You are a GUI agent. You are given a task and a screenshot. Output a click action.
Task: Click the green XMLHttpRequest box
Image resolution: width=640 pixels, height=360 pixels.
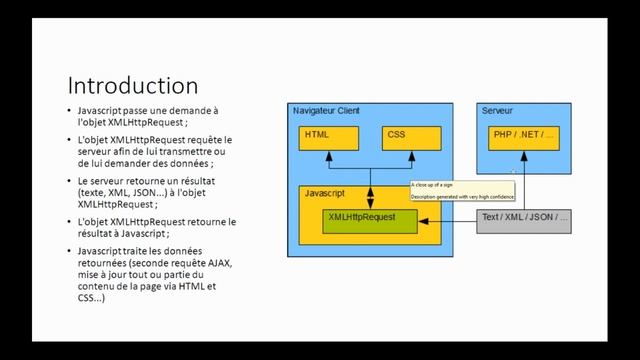(369, 217)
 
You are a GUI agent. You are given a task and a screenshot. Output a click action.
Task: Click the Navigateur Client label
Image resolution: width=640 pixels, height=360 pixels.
(326, 110)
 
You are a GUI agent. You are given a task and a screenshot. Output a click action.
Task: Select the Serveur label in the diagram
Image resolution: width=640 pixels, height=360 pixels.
(498, 110)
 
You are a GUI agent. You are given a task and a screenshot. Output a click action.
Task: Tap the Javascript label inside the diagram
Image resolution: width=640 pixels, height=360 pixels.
(326, 192)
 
